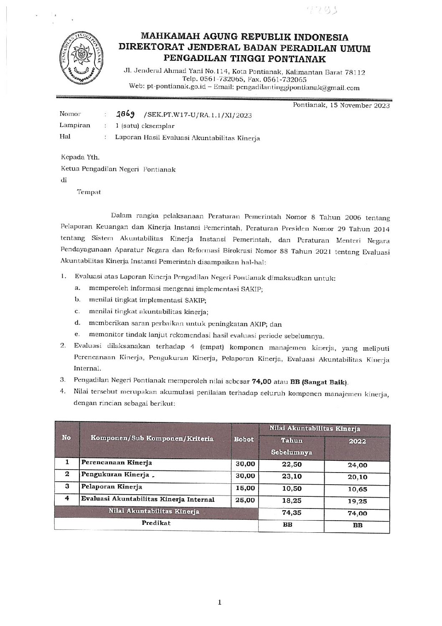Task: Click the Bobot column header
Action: [x=244, y=439]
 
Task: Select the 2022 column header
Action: [x=357, y=442]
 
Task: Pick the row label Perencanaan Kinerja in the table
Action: [x=117, y=463]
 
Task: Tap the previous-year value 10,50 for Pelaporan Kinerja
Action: [x=292, y=488]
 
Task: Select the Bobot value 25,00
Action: [x=244, y=500]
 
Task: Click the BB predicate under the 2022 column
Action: [x=357, y=526]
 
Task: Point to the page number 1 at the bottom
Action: [x=220, y=603]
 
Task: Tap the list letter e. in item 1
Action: [x=77, y=335]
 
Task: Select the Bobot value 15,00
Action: [x=244, y=488]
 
